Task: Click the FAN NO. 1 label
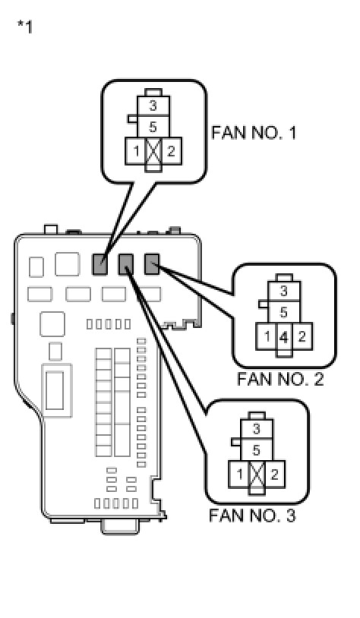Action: [x=254, y=132]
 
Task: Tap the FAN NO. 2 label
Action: [x=280, y=379]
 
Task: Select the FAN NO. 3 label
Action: [x=252, y=516]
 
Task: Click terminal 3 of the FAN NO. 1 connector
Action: [x=153, y=106]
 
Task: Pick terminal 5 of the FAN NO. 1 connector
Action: [x=153, y=127]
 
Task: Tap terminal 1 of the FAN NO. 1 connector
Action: [x=136, y=151]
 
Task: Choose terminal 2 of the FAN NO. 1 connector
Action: [x=171, y=151]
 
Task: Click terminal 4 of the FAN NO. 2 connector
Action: [x=284, y=337]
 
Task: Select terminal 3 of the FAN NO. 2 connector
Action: [x=284, y=292]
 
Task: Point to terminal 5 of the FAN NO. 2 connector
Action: [x=284, y=313]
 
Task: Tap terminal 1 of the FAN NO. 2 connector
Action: [x=267, y=336]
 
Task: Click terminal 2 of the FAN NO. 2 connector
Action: [x=302, y=336]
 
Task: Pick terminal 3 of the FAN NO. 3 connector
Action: [x=257, y=429]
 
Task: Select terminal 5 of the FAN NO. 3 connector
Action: [x=257, y=449]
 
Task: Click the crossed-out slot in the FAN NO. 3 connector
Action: [x=257, y=475]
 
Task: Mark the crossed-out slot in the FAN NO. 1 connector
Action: [x=153, y=151]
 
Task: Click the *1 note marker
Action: [x=25, y=27]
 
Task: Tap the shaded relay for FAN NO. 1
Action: [x=99, y=264]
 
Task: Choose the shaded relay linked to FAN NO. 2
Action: [x=152, y=264]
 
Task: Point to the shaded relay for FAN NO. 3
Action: [x=126, y=264]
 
